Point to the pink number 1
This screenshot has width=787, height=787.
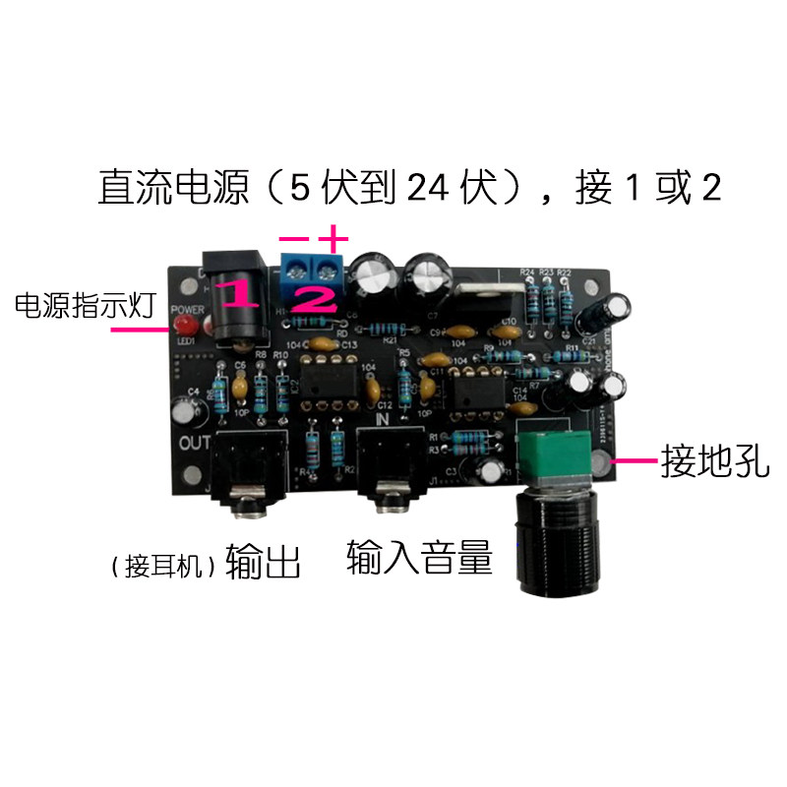[237, 293]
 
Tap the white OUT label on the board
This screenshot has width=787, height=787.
[196, 441]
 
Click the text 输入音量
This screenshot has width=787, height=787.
[418, 558]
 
